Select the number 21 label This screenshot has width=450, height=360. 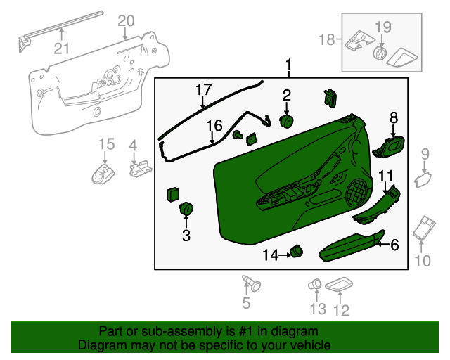[62, 48]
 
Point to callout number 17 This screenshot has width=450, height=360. [203, 90]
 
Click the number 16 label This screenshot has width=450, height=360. [214, 127]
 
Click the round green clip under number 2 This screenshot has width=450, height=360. [287, 122]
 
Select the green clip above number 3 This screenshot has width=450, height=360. [186, 209]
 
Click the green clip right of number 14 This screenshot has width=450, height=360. [297, 250]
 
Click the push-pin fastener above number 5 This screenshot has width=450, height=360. [250, 283]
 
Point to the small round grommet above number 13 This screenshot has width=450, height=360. [315, 284]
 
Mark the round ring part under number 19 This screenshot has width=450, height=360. [380, 54]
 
